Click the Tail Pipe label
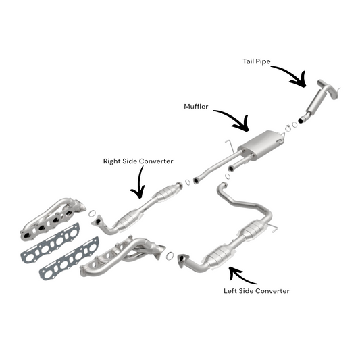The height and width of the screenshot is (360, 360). [x=257, y=61]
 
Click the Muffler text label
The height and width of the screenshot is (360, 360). [x=196, y=107]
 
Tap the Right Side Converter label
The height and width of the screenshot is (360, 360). [x=138, y=161]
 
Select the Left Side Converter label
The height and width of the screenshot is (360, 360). [x=257, y=291]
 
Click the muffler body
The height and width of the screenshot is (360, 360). [x=261, y=143]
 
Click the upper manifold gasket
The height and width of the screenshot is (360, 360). [x=51, y=243]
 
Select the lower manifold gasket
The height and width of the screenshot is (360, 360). [x=70, y=258]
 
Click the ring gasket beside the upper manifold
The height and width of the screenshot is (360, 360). [x=92, y=213]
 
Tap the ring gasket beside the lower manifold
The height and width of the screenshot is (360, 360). [x=170, y=256]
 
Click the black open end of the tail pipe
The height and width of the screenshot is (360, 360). [x=301, y=120]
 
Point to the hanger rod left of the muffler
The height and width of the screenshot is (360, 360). [x=230, y=146]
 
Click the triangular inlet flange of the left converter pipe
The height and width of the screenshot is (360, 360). [x=183, y=261]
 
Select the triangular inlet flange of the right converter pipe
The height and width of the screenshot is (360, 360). [x=97, y=221]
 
